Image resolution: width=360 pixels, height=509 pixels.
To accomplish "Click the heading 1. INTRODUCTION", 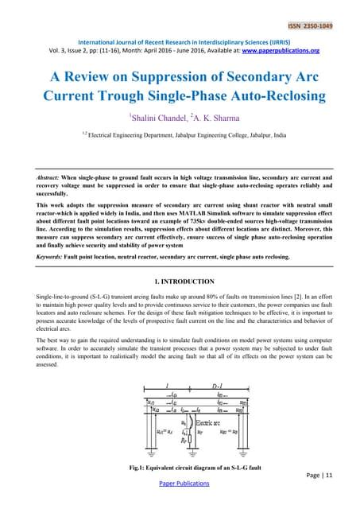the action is tap(180, 282).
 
